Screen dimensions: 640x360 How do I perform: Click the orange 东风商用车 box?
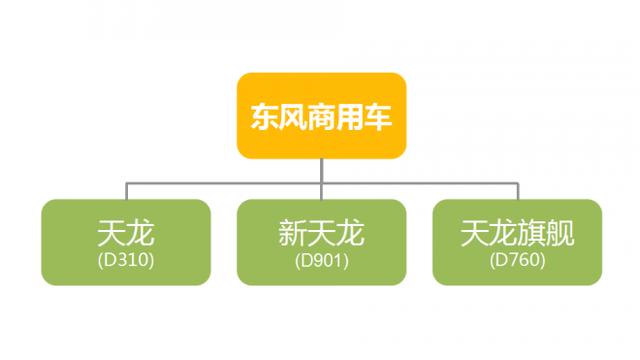(321, 115)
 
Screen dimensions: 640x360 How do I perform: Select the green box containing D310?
(126, 243)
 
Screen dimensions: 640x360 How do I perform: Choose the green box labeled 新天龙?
(321, 243)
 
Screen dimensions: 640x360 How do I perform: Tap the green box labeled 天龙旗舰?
(517, 243)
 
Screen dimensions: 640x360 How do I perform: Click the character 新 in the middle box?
(293, 234)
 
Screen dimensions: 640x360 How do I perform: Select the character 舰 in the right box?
(561, 234)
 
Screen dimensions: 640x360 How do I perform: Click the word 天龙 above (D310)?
(126, 234)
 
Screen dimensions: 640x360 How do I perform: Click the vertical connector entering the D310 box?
(126, 190)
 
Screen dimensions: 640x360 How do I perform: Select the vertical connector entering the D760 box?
(517, 190)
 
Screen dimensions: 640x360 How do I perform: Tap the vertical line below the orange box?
(321, 170)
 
